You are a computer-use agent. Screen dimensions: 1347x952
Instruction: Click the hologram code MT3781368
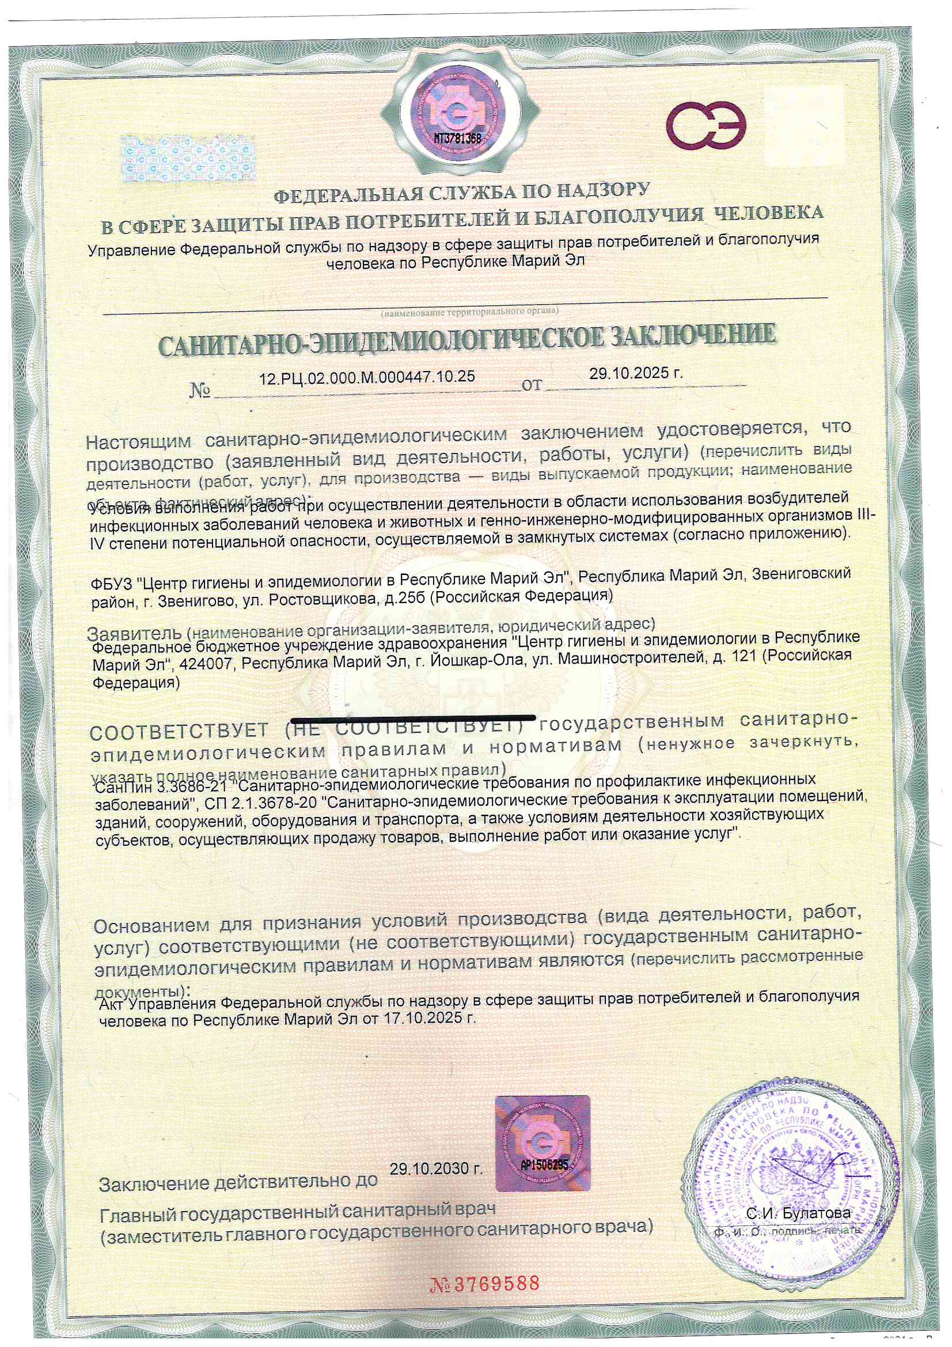457,138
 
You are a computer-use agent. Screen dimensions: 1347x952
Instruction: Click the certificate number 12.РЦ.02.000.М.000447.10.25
367,377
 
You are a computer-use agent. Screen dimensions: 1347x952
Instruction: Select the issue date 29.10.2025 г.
636,373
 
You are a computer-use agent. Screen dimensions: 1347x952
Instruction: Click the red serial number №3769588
484,1284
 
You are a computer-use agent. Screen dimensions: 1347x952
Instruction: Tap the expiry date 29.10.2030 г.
436,1168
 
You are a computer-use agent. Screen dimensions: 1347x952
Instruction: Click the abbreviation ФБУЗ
114,584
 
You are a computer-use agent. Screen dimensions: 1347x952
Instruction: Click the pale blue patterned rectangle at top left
188,158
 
